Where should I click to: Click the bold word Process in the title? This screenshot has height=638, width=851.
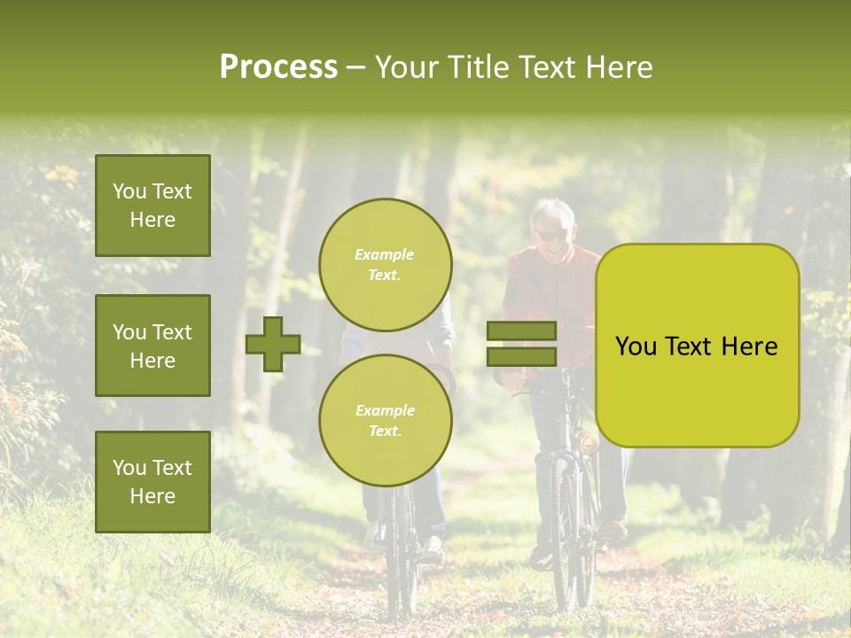click(x=278, y=67)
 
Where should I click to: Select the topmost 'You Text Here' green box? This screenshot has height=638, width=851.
click(x=152, y=206)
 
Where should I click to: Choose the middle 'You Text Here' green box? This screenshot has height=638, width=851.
click(x=152, y=346)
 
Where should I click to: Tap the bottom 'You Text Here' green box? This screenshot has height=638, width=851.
click(x=152, y=482)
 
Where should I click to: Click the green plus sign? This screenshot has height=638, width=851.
click(x=273, y=344)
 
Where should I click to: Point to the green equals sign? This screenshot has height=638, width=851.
click(x=521, y=344)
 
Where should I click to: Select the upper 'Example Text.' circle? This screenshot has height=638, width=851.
click(x=386, y=264)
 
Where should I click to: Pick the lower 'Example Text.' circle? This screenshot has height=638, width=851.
click(x=386, y=420)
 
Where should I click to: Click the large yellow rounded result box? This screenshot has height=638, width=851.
click(x=697, y=346)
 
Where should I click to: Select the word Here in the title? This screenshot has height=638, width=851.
click(x=620, y=67)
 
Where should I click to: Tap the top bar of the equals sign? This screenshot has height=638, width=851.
click(x=521, y=331)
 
